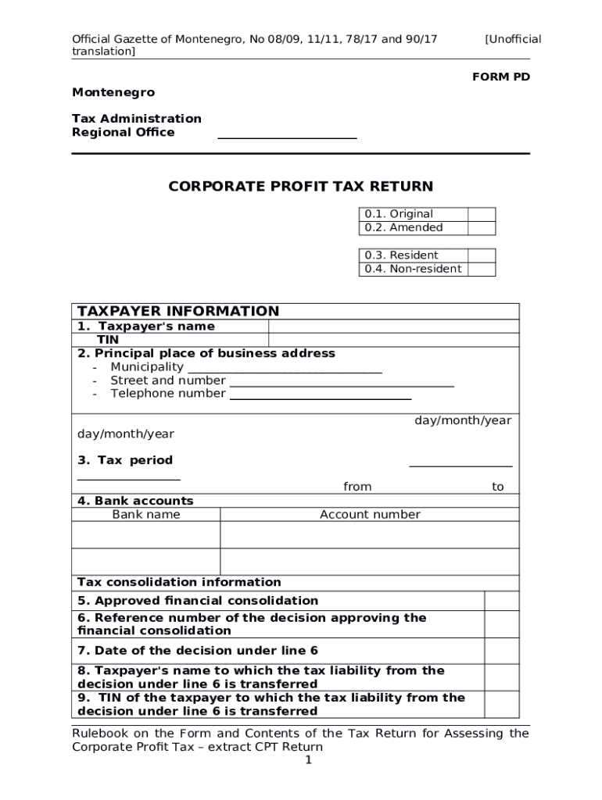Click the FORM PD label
click(500, 77)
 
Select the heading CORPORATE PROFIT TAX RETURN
click(301, 186)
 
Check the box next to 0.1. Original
click(482, 214)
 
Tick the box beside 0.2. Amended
click(482, 227)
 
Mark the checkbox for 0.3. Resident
click(482, 255)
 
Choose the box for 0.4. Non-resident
click(482, 269)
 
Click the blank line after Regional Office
click(287, 134)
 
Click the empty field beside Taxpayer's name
click(393, 326)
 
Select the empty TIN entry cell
click(393, 340)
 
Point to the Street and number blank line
click(341, 382)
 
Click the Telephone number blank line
click(320, 395)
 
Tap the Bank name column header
click(146, 514)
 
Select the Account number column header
click(370, 514)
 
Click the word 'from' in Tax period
click(357, 487)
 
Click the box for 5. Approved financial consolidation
click(501, 600)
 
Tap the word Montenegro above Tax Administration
click(113, 92)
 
